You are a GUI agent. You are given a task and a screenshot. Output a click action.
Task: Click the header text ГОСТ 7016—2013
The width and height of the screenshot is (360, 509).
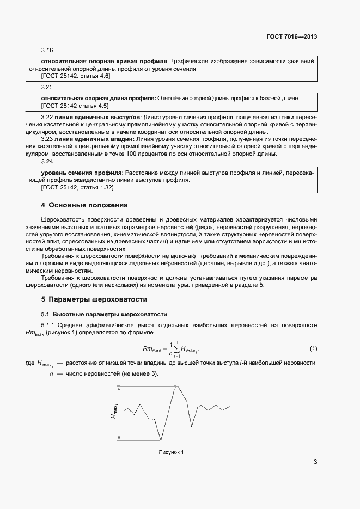tap(292, 37)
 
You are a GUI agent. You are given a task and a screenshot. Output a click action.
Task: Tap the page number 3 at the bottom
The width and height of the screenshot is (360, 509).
tap(315, 462)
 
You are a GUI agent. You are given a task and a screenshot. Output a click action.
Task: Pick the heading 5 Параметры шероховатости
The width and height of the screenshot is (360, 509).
tap(94, 299)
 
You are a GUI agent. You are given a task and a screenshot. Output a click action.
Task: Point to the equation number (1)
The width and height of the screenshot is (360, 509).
tap(313, 348)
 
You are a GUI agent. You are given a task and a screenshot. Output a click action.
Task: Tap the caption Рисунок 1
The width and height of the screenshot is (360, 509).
tap(172, 452)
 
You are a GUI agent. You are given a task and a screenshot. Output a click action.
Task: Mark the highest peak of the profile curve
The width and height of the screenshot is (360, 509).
tap(176, 387)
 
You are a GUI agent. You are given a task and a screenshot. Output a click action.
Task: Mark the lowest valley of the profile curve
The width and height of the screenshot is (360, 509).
tap(161, 440)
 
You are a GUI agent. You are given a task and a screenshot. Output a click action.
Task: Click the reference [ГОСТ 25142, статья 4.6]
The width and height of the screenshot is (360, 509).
tap(76, 76)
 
